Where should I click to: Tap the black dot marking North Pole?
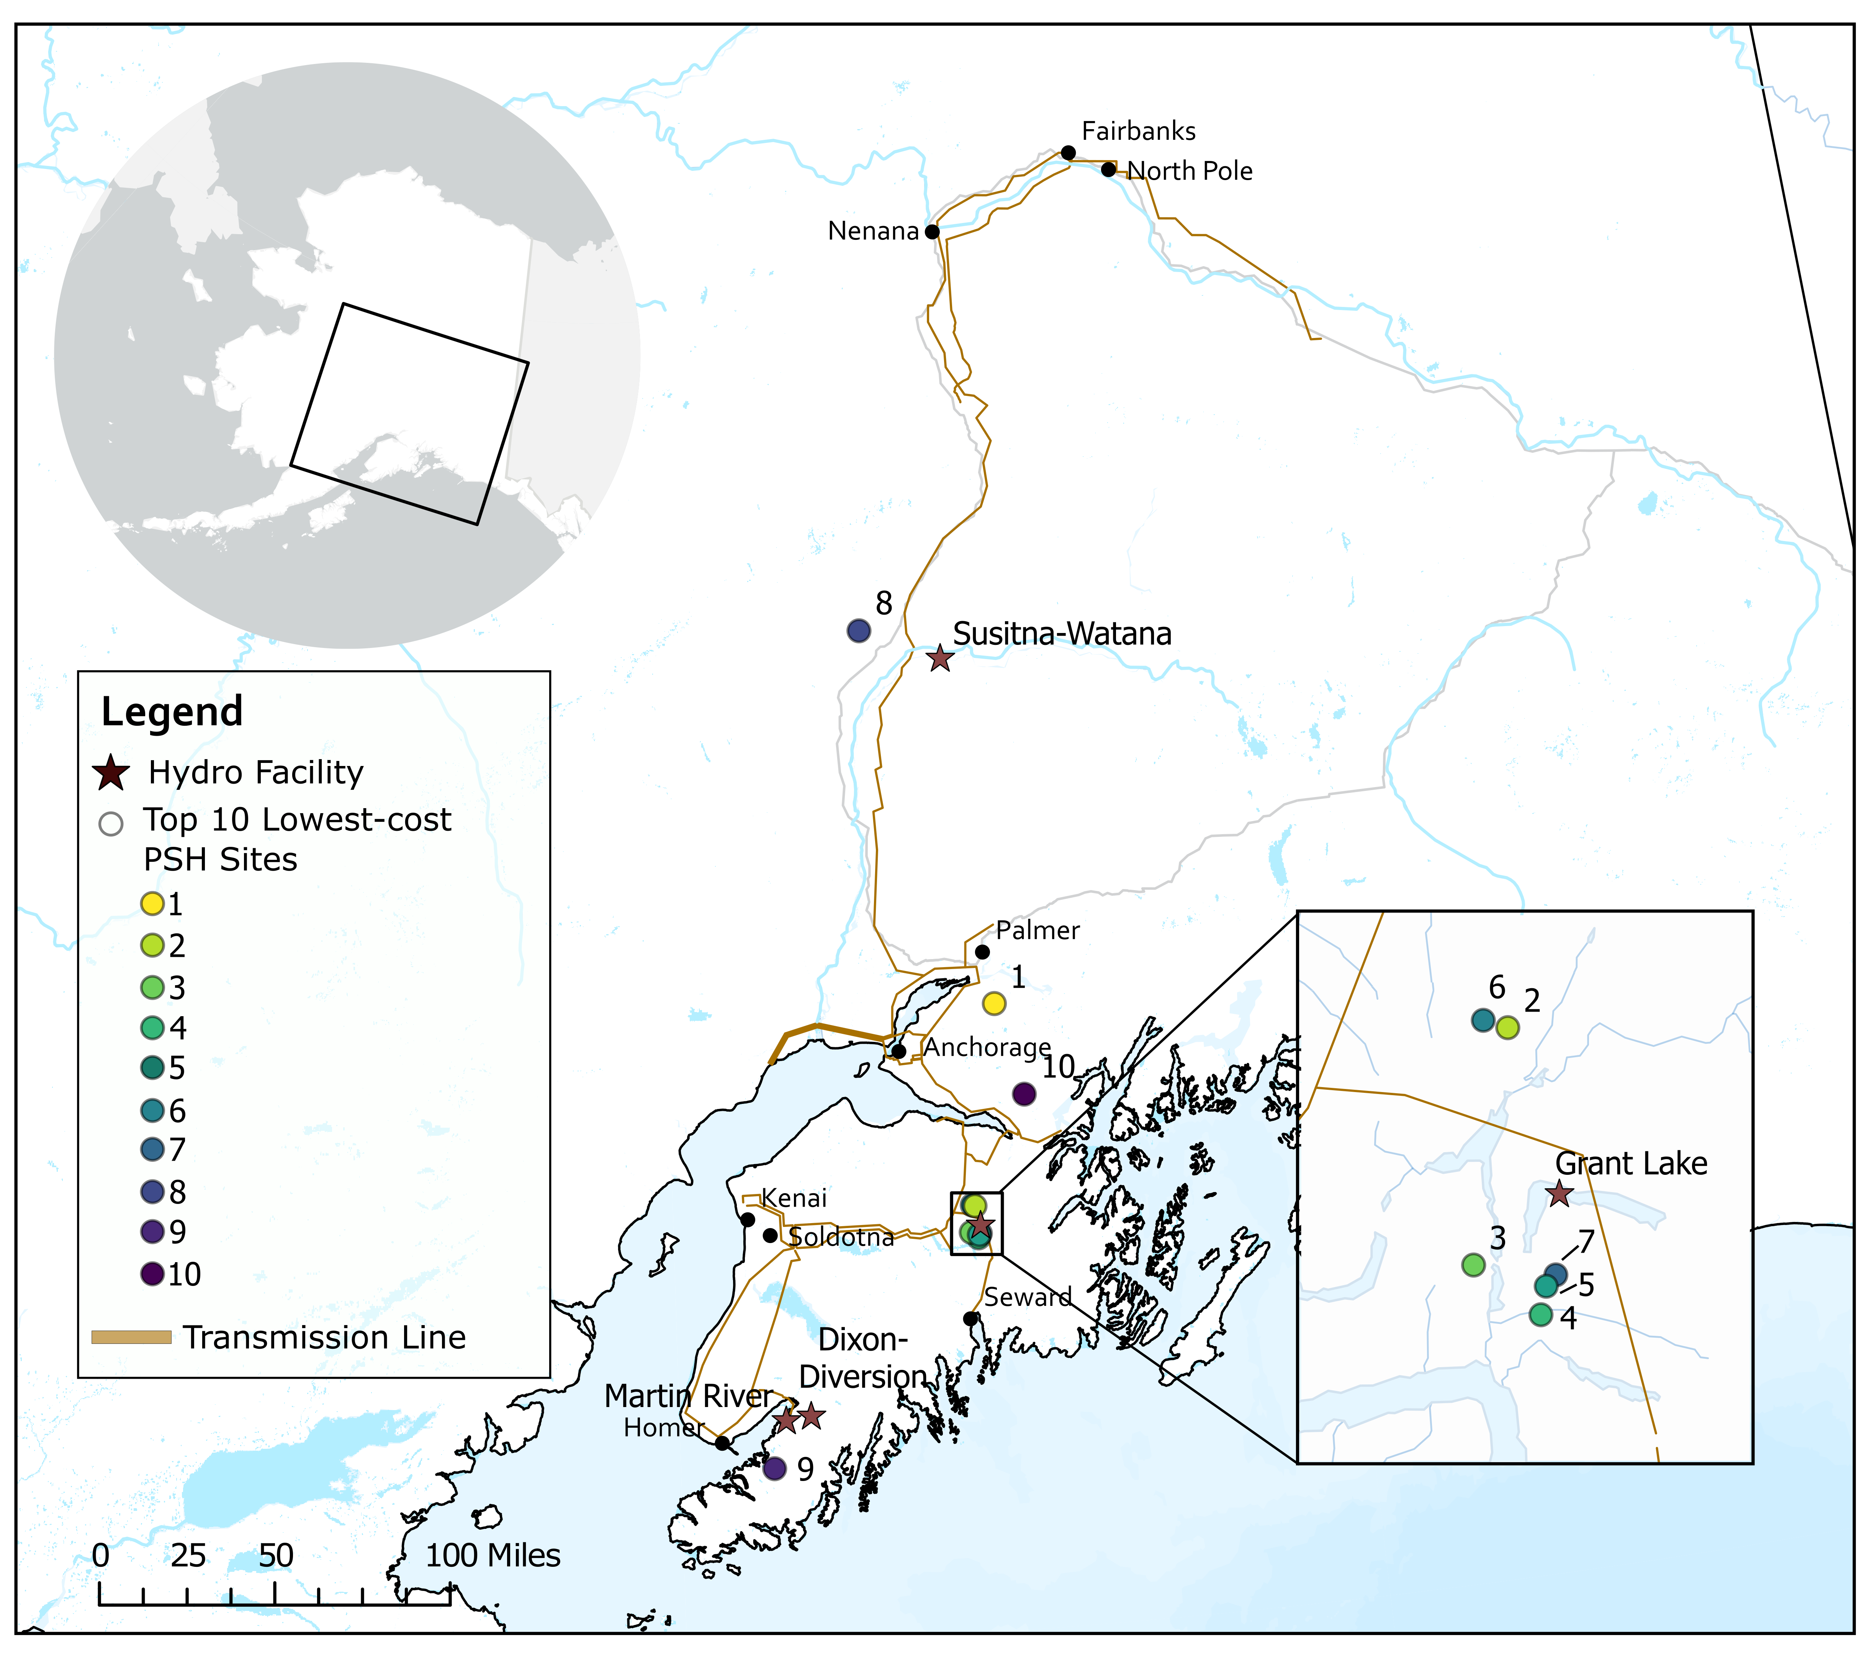pyautogui.click(x=1108, y=169)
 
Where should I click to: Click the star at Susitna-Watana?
pyautogui.click(x=940, y=658)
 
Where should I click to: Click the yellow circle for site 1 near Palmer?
pyautogui.click(x=994, y=1003)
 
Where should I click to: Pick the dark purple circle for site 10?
pyautogui.click(x=1024, y=1093)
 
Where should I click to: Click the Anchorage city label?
pyautogui.click(x=987, y=1047)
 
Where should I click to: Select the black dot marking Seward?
pyautogui.click(x=971, y=1319)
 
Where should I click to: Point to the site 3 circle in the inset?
pyautogui.click(x=1473, y=1265)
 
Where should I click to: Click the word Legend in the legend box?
pyautogui.click(x=172, y=712)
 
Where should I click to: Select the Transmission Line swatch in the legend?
pyautogui.click(x=131, y=1338)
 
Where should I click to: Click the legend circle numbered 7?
pyautogui.click(x=152, y=1149)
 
